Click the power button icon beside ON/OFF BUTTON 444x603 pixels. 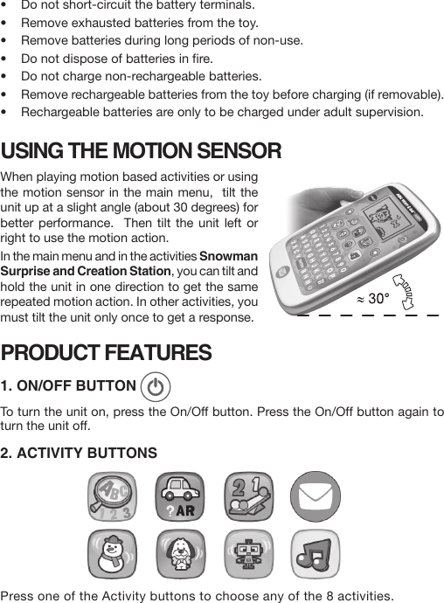click(x=155, y=387)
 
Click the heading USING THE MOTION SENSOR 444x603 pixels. click(x=142, y=151)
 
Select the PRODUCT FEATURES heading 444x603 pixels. click(x=106, y=353)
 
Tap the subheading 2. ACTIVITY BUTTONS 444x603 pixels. click(x=80, y=453)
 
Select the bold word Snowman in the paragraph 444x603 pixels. click(x=229, y=256)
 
